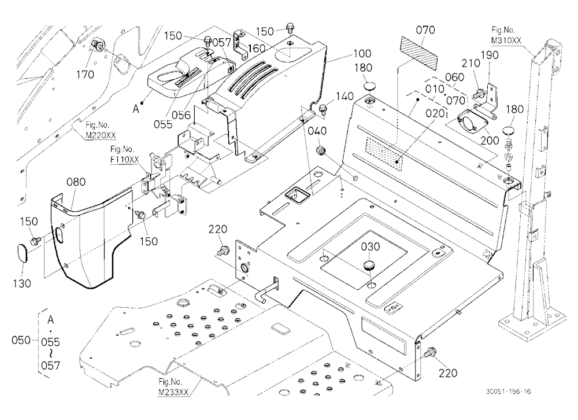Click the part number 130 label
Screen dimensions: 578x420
coord(22,283)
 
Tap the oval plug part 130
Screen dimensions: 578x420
coord(23,253)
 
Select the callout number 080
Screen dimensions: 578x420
coord(76,182)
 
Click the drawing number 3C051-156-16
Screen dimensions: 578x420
coord(508,391)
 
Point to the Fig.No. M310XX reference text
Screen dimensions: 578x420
coord(506,35)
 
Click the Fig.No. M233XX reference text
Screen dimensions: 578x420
coord(173,387)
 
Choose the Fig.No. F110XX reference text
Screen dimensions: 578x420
coord(125,154)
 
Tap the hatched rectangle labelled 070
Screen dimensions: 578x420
coord(419,53)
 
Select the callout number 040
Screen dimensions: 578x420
coord(317,131)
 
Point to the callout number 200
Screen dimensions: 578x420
coord(490,140)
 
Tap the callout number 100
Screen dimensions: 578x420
coord(362,54)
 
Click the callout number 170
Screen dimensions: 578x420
coord(85,75)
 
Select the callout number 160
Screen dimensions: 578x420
coord(256,49)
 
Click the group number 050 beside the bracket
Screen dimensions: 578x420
coord(21,340)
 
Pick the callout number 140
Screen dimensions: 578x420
coord(344,97)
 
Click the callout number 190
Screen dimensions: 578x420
coord(490,55)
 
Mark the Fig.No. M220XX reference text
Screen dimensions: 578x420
coord(101,130)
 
